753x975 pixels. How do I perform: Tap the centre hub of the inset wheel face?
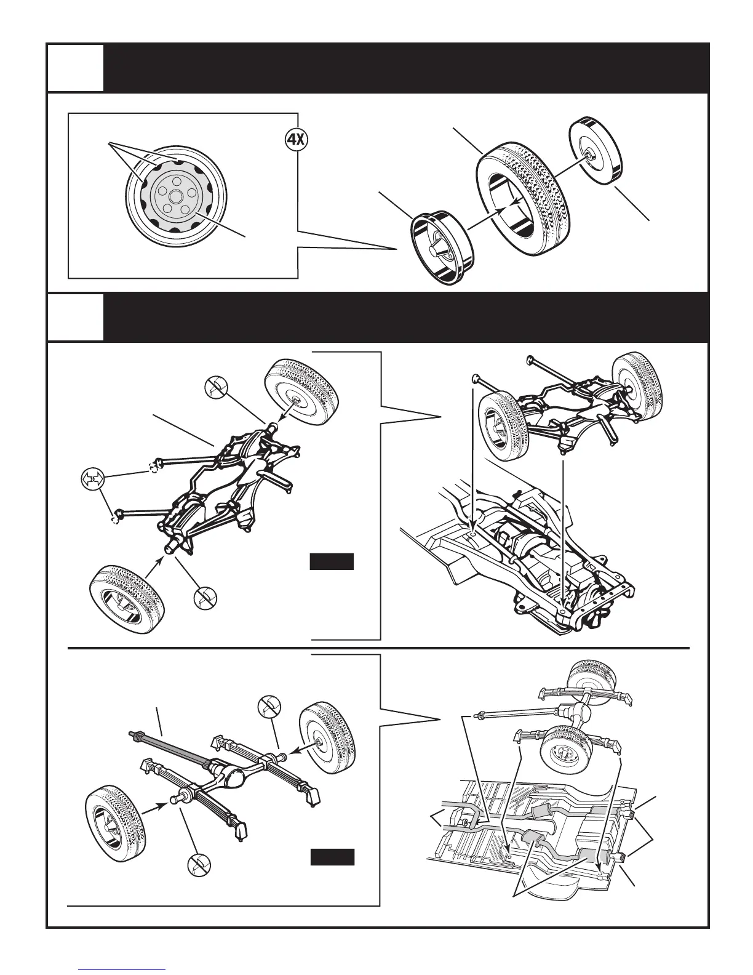[x=176, y=196]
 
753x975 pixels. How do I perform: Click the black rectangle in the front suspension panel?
[x=331, y=561]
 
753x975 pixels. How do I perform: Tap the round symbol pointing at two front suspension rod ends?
[x=93, y=478]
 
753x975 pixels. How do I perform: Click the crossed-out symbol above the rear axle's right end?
[x=269, y=705]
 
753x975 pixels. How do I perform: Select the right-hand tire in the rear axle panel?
[x=327, y=740]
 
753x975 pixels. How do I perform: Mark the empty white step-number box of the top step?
[x=76, y=68]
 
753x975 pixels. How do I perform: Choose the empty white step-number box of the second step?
[x=76, y=316]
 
